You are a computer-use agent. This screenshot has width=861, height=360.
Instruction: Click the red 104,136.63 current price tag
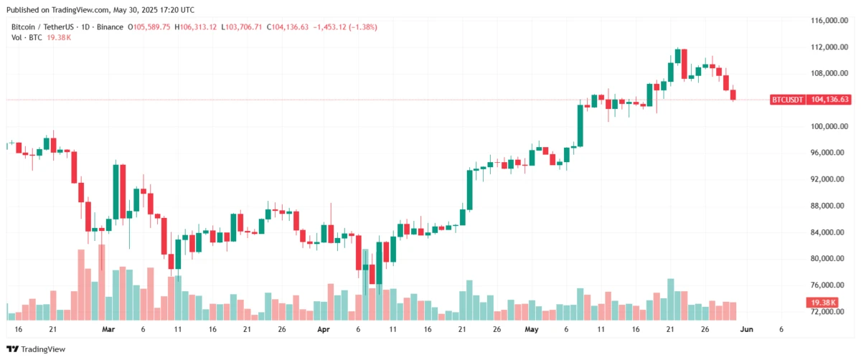tap(830, 100)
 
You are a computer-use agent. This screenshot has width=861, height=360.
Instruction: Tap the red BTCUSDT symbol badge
tap(788, 100)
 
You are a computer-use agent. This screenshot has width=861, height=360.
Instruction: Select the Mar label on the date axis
tap(108, 329)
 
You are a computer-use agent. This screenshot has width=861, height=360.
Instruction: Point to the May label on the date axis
tap(531, 329)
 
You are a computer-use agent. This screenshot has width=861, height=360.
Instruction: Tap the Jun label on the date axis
tap(746, 329)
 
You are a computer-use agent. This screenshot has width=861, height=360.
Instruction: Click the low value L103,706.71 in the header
tap(242, 27)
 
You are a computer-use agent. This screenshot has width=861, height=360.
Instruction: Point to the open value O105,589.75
tap(149, 27)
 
